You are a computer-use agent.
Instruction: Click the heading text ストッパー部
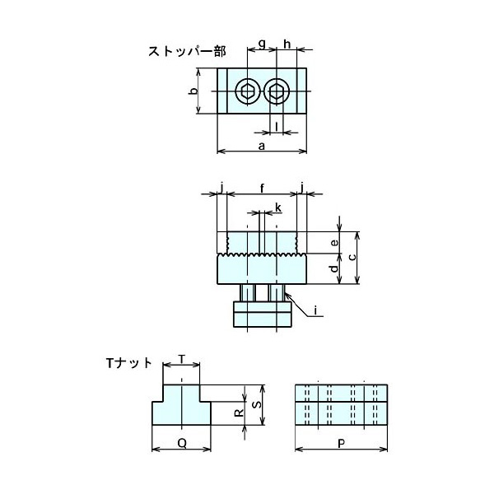click(x=187, y=52)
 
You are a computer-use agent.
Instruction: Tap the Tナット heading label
click(x=129, y=364)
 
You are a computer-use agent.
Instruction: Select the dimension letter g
click(x=262, y=44)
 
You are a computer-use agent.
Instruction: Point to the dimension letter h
click(x=287, y=44)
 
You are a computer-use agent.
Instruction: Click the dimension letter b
click(x=194, y=91)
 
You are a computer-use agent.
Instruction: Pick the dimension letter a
click(x=262, y=147)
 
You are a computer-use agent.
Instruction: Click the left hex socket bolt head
click(x=247, y=91)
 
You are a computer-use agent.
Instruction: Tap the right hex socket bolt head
click(x=276, y=91)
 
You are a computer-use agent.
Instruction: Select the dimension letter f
click(x=262, y=189)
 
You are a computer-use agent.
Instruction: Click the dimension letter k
click(x=278, y=207)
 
